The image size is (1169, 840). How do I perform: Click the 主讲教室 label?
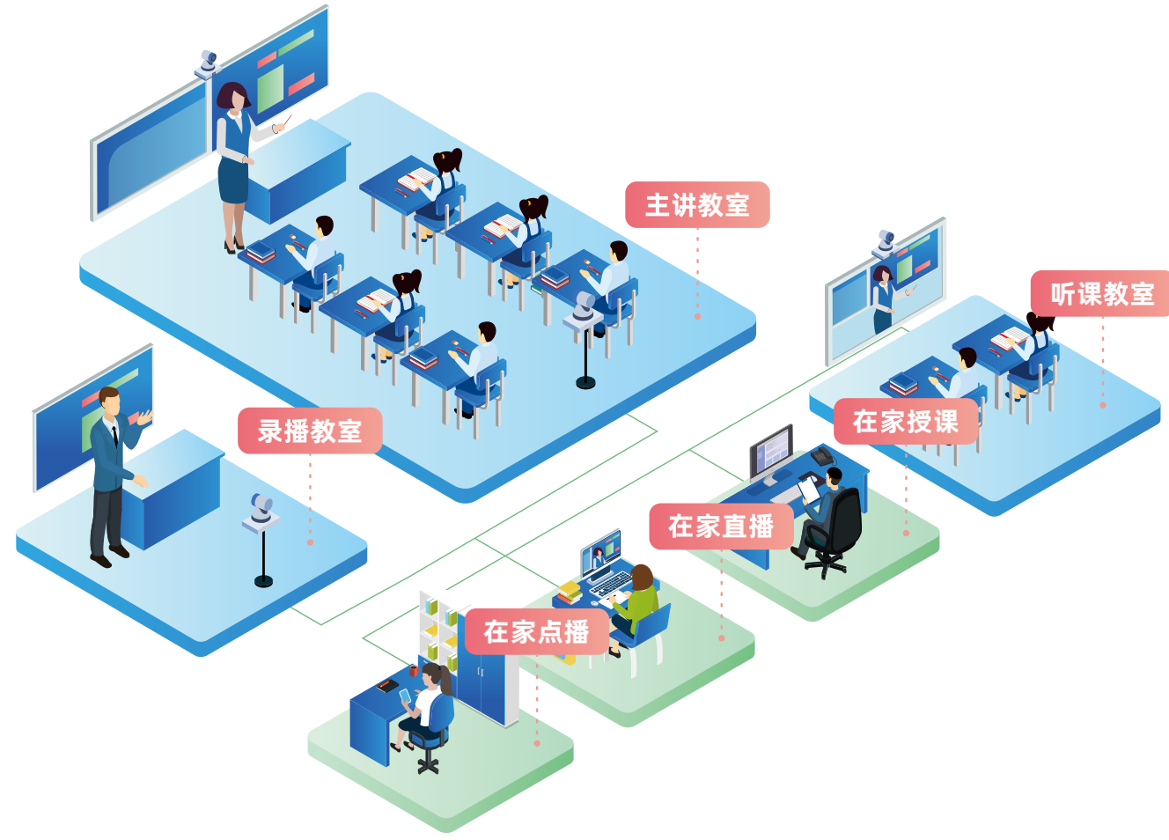[x=697, y=205]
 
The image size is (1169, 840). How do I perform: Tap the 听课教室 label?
[x=1101, y=293]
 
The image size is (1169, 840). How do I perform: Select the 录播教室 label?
[x=310, y=431]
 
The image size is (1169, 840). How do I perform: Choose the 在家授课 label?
[x=905, y=421]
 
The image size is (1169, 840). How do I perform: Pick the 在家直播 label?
[x=721, y=527]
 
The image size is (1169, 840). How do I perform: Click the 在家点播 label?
[x=536, y=631]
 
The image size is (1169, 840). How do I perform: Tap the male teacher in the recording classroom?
[x=110, y=475]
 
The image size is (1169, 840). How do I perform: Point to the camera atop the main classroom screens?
[x=208, y=63]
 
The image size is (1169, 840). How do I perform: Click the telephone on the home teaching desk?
[x=822, y=455]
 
